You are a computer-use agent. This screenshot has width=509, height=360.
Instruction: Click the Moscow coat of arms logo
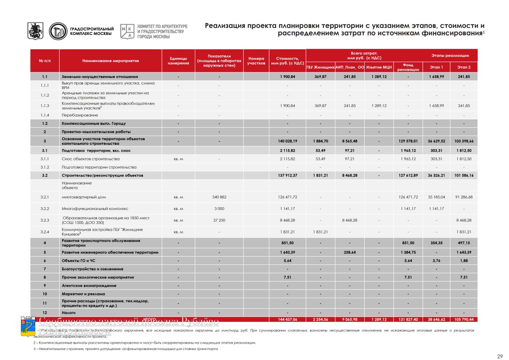click(x=35, y=31)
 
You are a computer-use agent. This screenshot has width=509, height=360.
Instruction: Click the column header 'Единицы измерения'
click(x=178, y=61)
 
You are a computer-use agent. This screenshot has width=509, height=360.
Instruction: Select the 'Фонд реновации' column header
click(x=408, y=67)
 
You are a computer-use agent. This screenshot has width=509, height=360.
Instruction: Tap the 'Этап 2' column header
click(x=464, y=67)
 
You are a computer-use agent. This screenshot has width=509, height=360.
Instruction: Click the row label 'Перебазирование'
click(x=80, y=115)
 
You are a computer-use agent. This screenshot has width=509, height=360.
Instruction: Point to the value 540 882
click(x=219, y=197)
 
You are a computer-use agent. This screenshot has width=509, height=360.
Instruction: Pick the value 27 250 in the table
click(x=219, y=220)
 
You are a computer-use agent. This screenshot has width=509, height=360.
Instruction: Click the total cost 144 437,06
click(x=288, y=319)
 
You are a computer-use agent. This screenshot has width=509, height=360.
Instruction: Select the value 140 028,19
click(x=288, y=141)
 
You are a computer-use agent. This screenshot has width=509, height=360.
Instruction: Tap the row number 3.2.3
click(x=45, y=220)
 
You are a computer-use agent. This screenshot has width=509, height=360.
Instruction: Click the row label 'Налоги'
click(x=68, y=313)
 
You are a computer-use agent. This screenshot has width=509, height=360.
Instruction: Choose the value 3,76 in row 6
click(x=436, y=261)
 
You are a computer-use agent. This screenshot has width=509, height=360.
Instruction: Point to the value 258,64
click(x=350, y=252)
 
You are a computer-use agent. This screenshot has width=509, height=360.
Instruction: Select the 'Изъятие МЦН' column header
click(x=379, y=67)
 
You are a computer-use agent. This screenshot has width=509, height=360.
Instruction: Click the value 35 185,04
click(x=436, y=197)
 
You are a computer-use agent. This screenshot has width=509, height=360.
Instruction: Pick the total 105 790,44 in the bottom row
click(x=464, y=319)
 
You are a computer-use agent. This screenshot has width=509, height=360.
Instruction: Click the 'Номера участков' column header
click(x=256, y=61)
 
